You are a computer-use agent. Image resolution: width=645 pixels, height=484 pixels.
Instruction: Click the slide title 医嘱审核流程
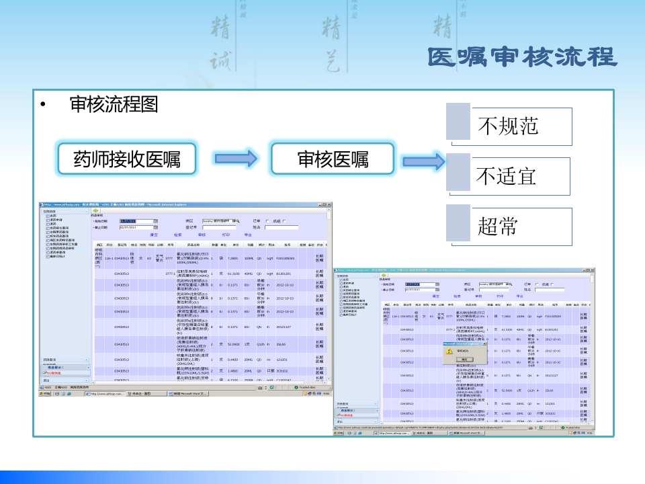[522, 57]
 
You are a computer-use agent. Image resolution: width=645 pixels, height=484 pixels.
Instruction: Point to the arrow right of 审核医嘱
[424, 161]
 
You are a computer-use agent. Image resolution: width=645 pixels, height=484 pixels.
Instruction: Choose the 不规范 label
[507, 126]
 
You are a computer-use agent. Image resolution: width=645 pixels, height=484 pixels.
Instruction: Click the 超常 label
[498, 226]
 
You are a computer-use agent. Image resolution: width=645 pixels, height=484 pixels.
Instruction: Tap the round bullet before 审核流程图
[43, 105]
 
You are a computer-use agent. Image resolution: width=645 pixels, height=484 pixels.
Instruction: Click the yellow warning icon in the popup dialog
[449, 352]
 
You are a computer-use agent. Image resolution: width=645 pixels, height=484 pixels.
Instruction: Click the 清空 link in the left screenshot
[154, 235]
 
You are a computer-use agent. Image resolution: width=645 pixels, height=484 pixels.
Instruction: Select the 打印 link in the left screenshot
[226, 235]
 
